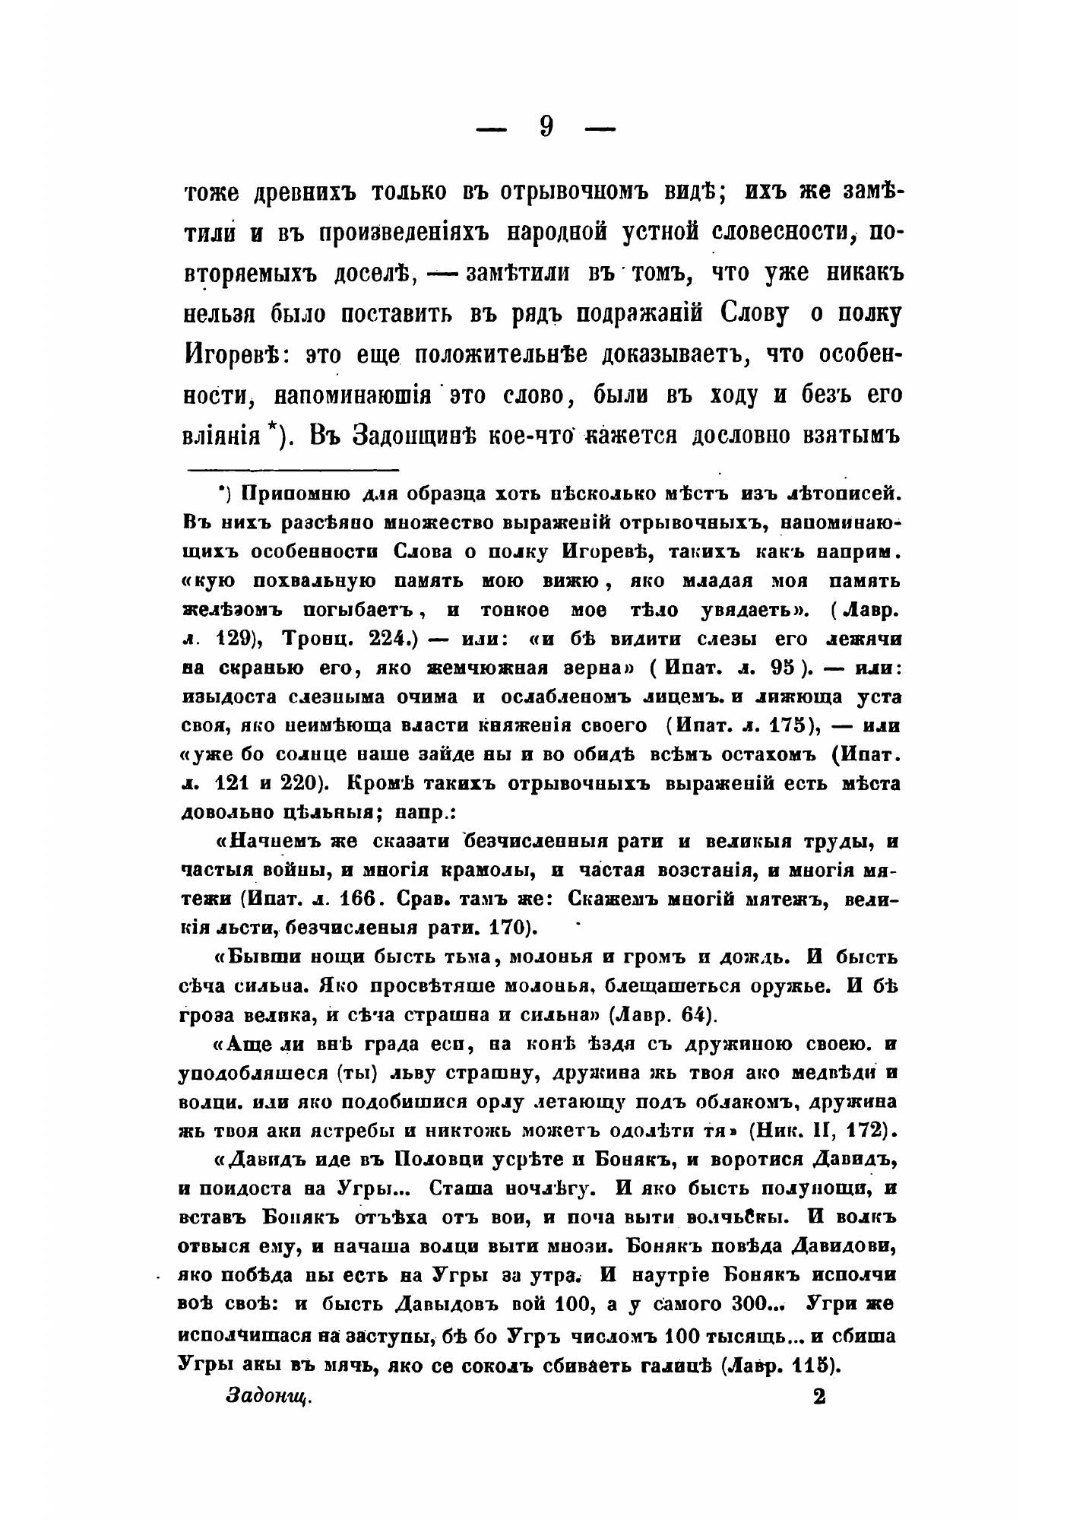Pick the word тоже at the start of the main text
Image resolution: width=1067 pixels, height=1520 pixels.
pos(217,194)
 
